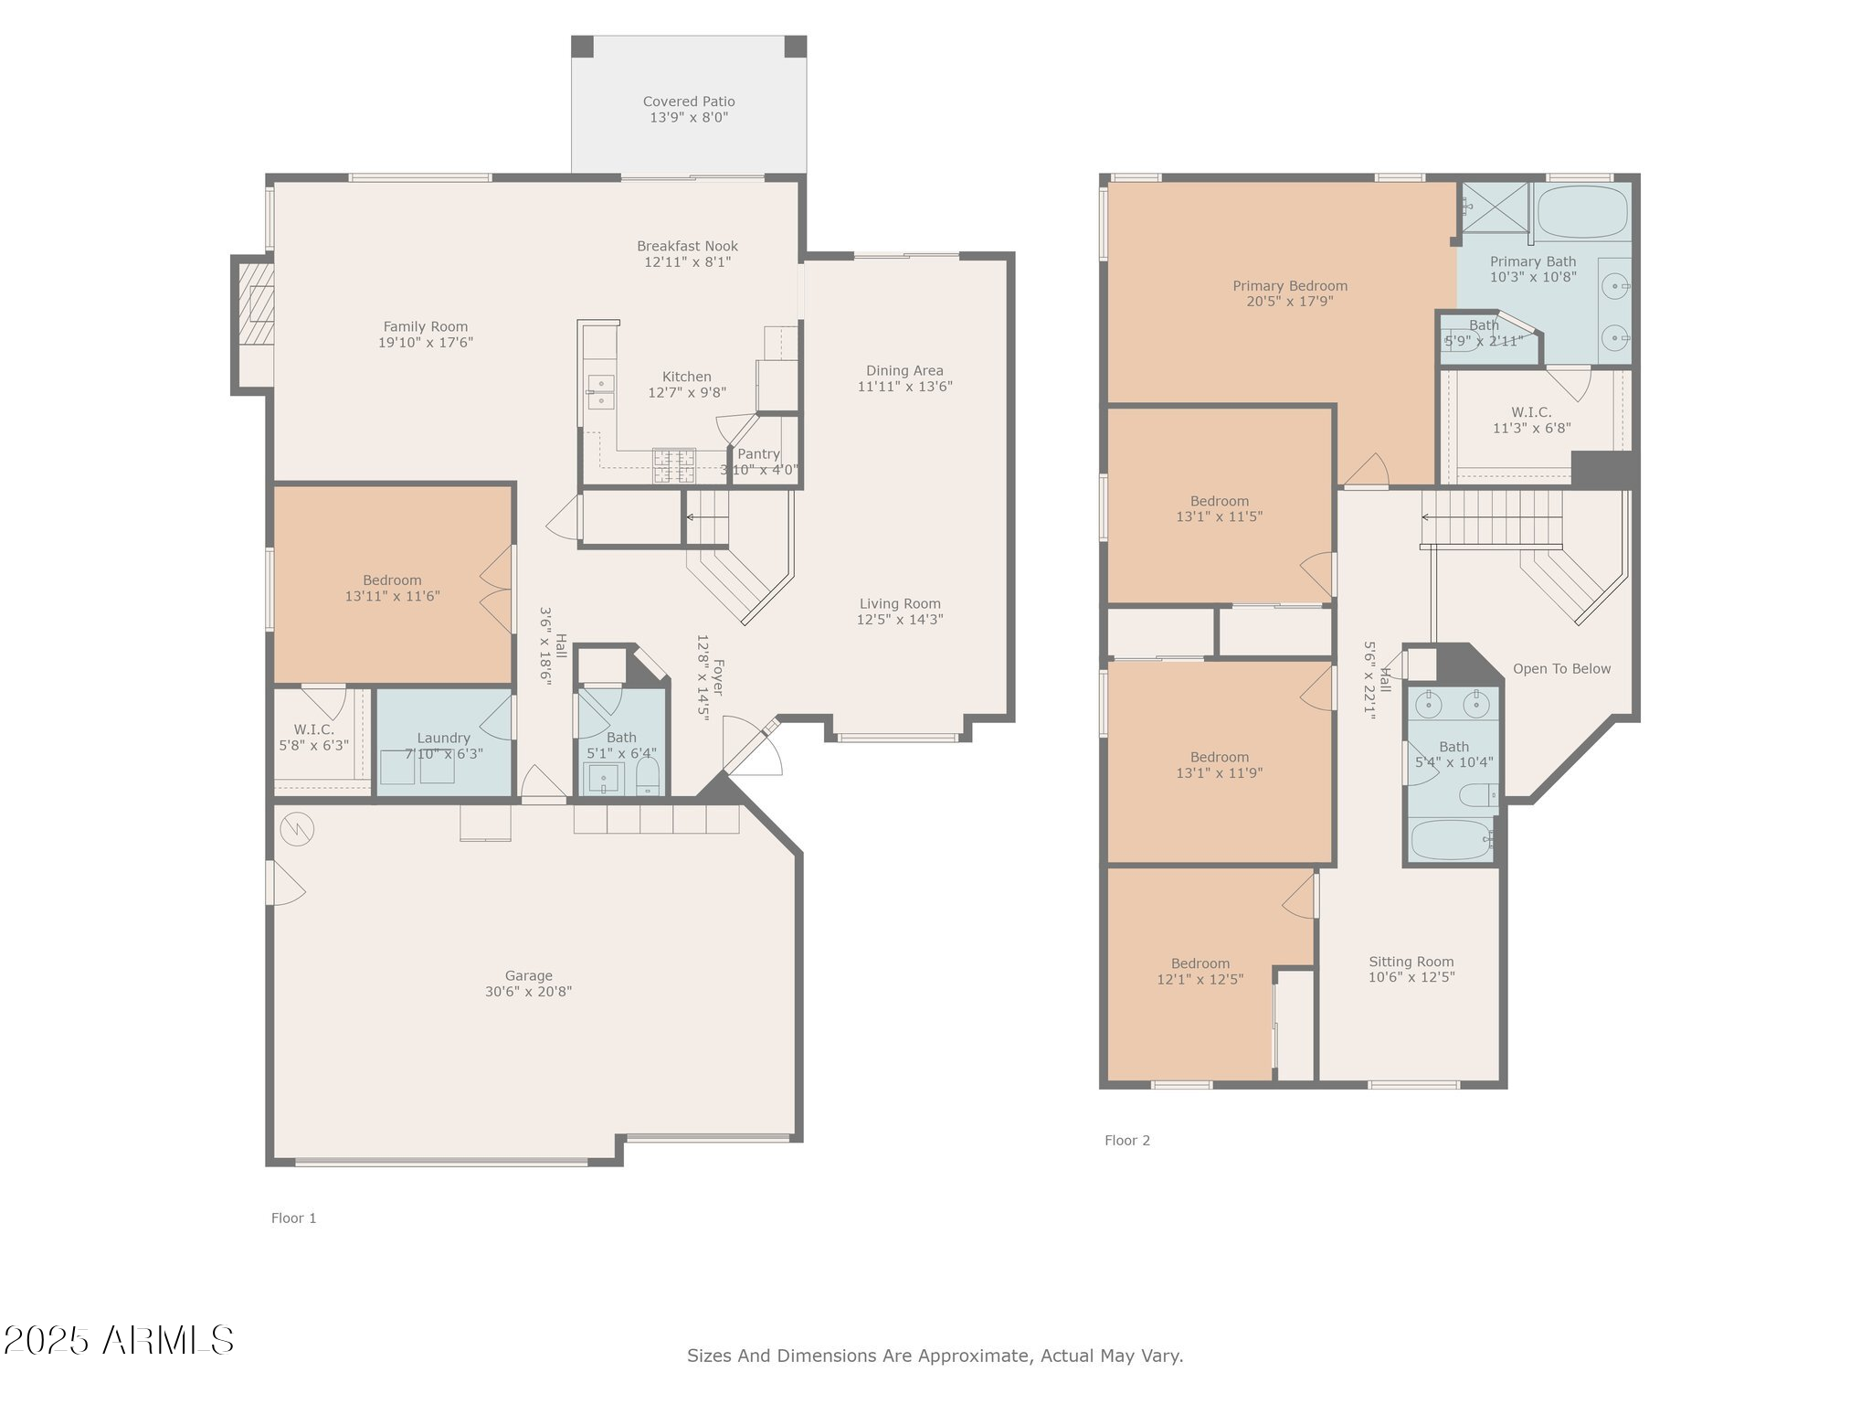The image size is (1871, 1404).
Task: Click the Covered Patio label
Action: coord(688,101)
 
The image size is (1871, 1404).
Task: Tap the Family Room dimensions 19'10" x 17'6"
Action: coord(426,343)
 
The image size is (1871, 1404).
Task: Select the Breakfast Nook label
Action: coord(687,246)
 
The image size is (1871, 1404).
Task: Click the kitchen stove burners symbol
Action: coord(673,465)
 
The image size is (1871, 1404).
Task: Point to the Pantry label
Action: coord(758,454)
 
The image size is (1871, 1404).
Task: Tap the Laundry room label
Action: coord(443,738)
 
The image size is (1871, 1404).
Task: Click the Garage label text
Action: coord(528,975)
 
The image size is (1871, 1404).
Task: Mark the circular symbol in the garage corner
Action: coord(297,829)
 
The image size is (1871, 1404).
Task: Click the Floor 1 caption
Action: coord(293,1218)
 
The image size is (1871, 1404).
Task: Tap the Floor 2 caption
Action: coord(1126,1140)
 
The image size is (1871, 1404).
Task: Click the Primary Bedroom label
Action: coord(1289,286)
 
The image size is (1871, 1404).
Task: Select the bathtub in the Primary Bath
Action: coord(1582,212)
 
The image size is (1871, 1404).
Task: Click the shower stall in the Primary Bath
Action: coord(1495,207)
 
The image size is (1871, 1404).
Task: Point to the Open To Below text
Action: coord(1561,669)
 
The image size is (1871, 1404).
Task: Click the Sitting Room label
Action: coord(1411,962)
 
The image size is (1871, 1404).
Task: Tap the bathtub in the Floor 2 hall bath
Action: coord(1451,839)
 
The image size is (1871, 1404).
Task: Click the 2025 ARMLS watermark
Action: coord(118,1340)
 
